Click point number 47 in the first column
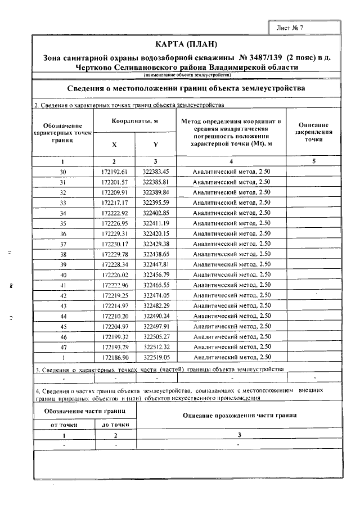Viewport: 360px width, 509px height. point(62,346)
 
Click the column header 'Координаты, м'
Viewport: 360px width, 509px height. point(134,121)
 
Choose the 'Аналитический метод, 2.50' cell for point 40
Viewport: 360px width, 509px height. point(232,274)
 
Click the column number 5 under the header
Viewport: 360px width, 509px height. point(313,161)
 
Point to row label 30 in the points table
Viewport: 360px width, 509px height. point(62,171)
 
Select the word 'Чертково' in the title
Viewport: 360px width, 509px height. point(94,67)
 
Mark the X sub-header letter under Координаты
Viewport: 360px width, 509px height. point(114,145)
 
